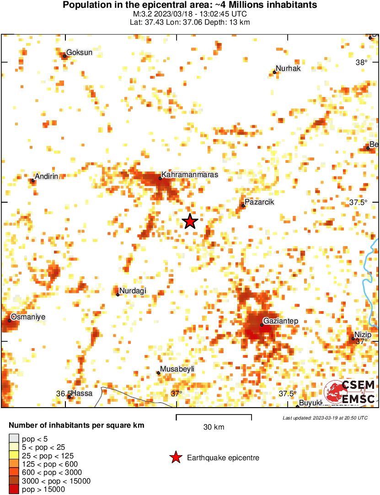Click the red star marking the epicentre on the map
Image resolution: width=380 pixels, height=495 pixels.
190,221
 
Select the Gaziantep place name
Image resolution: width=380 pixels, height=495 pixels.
281,321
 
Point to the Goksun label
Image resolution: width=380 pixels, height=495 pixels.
79,53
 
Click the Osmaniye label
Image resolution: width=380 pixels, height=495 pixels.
28,317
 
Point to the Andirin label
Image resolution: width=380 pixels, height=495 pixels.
48,177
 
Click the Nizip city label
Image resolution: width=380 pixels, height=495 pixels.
363,334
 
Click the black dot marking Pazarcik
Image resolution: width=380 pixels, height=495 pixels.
243,206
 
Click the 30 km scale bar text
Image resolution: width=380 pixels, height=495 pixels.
214,427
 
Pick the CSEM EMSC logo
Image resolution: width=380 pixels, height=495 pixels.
350,392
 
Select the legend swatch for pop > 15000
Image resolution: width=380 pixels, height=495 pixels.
14,489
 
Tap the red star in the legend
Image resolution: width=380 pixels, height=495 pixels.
176,457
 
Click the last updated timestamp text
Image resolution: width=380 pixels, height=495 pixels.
325,418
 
